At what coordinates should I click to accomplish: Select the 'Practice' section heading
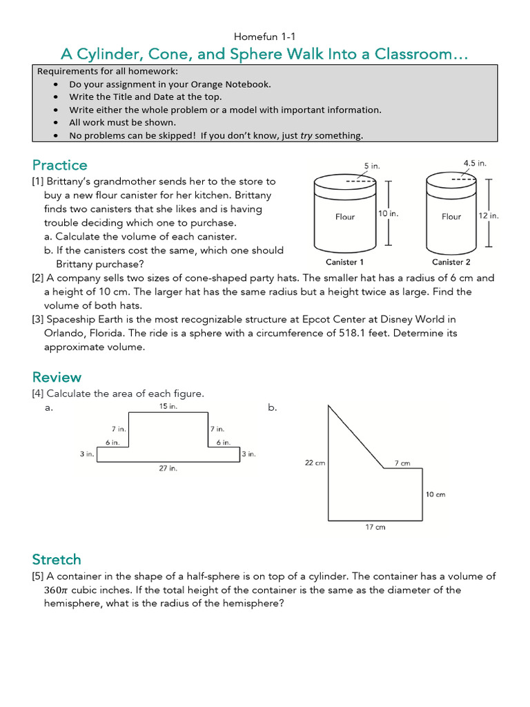pos(60,165)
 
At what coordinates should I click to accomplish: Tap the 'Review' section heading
pos(57,377)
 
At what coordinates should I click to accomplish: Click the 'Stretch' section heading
pos(57,559)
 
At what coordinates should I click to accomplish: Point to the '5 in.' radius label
pos(372,166)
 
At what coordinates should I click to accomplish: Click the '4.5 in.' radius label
pos(475,164)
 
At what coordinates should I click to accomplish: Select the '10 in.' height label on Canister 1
pos(389,214)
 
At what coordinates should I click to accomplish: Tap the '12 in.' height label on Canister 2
pos(489,215)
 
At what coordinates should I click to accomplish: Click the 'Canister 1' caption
pos(344,262)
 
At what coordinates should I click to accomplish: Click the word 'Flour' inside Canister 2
pos(451,217)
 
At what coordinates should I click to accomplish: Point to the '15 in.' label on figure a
pos(168,407)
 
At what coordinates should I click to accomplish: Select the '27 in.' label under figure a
pos(168,468)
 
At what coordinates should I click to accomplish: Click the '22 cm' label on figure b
pos(315,463)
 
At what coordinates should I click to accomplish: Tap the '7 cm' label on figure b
pos(402,463)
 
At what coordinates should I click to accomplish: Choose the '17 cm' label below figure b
pos(375,527)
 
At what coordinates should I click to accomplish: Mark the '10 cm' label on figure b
pos(436,494)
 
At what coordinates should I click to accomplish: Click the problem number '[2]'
pos(37,278)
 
